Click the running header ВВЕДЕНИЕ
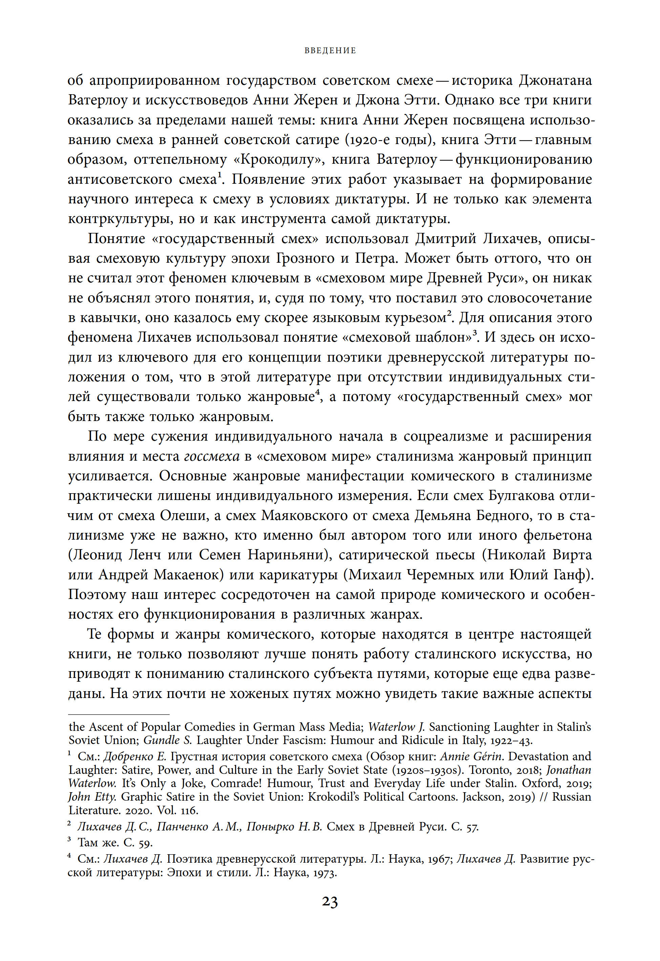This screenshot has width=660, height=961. (x=330, y=51)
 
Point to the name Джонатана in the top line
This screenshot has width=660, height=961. (x=555, y=80)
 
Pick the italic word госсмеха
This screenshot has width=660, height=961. (x=212, y=456)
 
